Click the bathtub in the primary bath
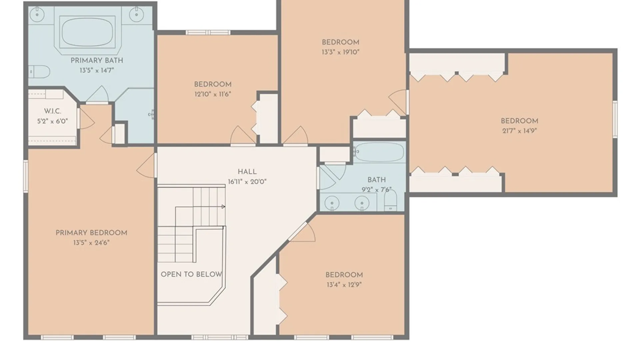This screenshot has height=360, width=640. click(x=87, y=32)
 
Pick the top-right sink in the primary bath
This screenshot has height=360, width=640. click(x=136, y=14)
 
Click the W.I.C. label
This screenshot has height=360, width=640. click(x=53, y=111)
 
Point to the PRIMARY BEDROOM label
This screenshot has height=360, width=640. click(x=91, y=233)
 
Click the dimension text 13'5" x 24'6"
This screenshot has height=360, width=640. click(x=91, y=243)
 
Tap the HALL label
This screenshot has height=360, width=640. click(x=247, y=172)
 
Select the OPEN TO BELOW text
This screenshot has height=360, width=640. click(x=191, y=274)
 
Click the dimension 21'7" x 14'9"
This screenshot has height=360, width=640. click(x=519, y=131)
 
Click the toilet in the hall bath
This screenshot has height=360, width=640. click(x=390, y=200)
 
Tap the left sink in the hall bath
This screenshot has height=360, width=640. click(x=332, y=203)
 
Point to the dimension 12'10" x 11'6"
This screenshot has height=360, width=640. click(x=213, y=94)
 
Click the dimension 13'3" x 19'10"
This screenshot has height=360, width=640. click(x=340, y=52)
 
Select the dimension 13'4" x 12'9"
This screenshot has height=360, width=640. click(x=344, y=285)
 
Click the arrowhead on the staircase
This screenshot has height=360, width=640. click(x=223, y=207)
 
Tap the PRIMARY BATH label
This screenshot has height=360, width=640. click(x=97, y=61)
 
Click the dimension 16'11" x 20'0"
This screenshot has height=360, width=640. click(x=247, y=182)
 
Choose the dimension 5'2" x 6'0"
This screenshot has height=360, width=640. click(x=53, y=121)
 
